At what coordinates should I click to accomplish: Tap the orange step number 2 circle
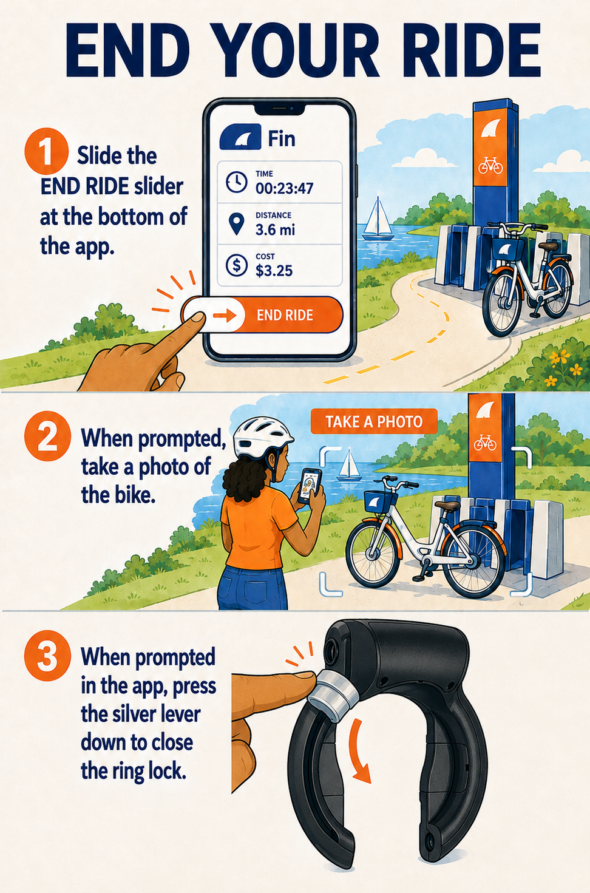(47, 436)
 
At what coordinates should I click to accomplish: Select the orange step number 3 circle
(47, 656)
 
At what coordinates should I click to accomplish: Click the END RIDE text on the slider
(285, 315)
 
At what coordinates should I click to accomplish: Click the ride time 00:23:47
(284, 188)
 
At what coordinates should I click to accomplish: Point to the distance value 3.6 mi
(275, 230)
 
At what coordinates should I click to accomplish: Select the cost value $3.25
(274, 271)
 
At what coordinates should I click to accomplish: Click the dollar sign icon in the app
(236, 265)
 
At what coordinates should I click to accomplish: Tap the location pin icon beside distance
(237, 223)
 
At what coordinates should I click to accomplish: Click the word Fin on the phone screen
(282, 139)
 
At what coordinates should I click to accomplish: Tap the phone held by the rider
(310, 486)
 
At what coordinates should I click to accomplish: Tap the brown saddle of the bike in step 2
(447, 506)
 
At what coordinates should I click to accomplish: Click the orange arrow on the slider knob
(225, 316)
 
